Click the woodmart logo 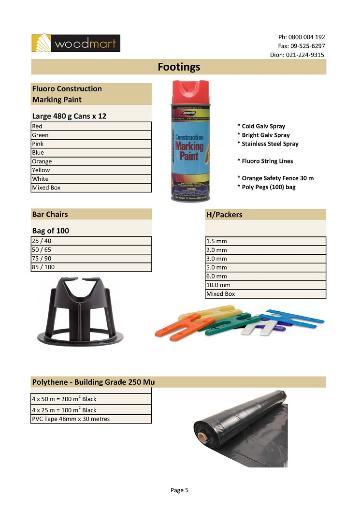click(76, 43)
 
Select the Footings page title click(179, 67)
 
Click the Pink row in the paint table click(91, 144)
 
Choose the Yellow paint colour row click(91, 170)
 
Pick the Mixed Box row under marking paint click(91, 188)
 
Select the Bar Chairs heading click(50, 214)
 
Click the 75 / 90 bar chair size click(91, 259)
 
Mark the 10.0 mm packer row click(266, 285)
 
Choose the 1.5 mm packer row click(266, 241)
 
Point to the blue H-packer click(292, 319)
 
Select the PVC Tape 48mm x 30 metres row click(91, 419)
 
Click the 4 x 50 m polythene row click(91, 399)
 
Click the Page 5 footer click(179, 490)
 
